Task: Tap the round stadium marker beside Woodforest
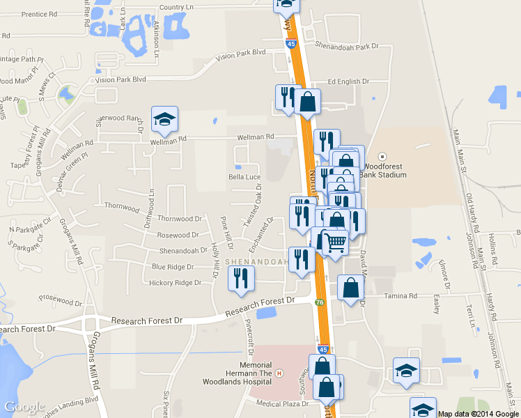pos(381,156)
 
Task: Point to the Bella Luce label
pos(244,177)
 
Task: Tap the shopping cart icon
pos(335,242)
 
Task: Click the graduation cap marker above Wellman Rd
pos(164,120)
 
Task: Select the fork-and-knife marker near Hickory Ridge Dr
pos(242,279)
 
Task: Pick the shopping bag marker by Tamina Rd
pos(350,288)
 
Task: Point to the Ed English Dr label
pos(348,82)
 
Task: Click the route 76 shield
pos(319,302)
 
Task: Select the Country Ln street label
pos(176,7)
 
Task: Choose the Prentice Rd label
pos(40,14)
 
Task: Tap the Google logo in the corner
pos(24,407)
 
